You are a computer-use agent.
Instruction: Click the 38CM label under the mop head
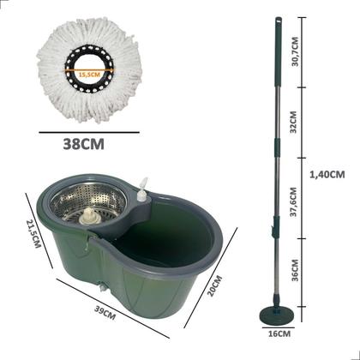(83, 145)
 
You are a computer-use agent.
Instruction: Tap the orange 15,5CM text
(89, 75)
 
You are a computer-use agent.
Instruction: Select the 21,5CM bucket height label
(34, 233)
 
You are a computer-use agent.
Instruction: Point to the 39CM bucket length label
(105, 313)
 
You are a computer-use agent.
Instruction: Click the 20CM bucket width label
(214, 285)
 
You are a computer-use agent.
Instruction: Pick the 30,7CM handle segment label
(295, 51)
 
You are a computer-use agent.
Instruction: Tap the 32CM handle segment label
(293, 122)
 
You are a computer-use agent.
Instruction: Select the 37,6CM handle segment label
(294, 202)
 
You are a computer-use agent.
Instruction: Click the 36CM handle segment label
(295, 270)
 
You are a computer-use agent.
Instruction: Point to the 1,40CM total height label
(327, 174)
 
